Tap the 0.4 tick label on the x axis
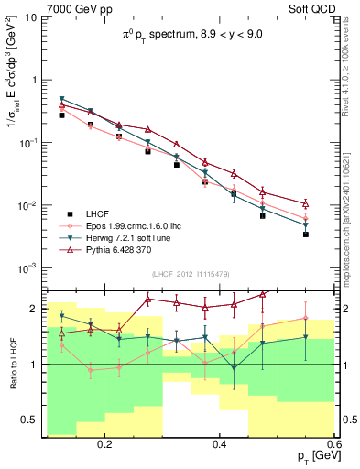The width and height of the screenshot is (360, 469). pos(219,444)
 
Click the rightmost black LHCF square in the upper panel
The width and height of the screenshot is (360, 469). pos(306,234)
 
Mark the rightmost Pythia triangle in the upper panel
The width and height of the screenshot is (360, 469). pos(306,203)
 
